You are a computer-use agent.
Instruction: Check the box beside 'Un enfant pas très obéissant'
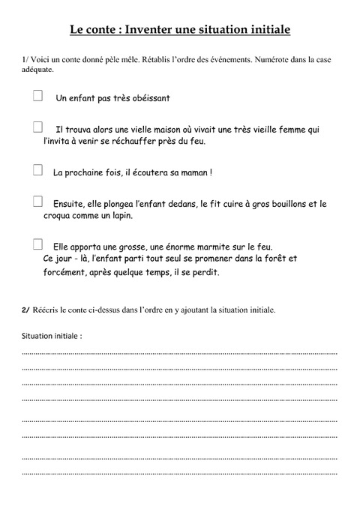click(x=37, y=95)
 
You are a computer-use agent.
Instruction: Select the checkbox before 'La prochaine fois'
click(x=37, y=170)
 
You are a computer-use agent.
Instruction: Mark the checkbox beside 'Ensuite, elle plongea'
click(x=37, y=201)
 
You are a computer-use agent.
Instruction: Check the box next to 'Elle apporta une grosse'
click(x=37, y=244)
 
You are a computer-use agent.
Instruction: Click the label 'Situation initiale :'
click(x=52, y=335)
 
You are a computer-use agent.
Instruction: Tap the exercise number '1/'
click(x=26, y=58)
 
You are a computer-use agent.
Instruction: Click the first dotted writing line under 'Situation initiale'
click(x=180, y=352)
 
